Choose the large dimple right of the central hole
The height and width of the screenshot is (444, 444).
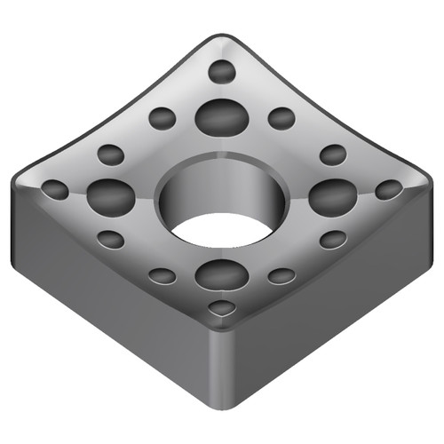pyautogui.click(x=332, y=195)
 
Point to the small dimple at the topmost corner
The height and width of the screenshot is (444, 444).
pyautogui.click(x=222, y=71)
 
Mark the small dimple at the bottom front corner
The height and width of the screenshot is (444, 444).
pyautogui.click(x=222, y=307)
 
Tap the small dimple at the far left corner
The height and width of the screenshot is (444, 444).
pyautogui.click(x=55, y=189)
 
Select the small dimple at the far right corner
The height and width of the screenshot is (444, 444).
pyautogui.click(x=389, y=189)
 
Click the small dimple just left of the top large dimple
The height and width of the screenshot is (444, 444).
pyautogui.click(x=163, y=117)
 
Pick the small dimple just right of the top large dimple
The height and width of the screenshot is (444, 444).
pyautogui.click(x=281, y=117)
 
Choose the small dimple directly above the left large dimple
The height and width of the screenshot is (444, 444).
pyautogui.click(x=110, y=155)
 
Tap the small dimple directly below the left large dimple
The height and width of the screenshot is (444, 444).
pyautogui.click(x=110, y=239)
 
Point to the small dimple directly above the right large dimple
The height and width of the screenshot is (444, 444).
pyautogui.click(x=333, y=155)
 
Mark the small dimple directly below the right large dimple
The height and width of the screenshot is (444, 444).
pyautogui.click(x=333, y=239)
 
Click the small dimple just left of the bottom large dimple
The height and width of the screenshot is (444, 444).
pyautogui.click(x=163, y=275)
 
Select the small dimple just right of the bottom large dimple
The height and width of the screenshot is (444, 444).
pyautogui.click(x=281, y=275)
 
